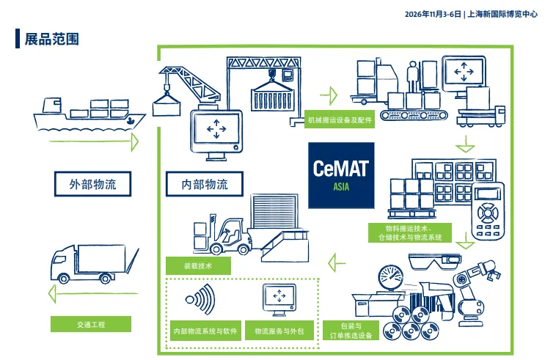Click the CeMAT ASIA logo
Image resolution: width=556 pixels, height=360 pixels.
point(341,175)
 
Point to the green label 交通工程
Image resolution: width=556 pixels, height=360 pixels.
point(90,324)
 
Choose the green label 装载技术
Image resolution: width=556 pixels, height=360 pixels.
point(198,265)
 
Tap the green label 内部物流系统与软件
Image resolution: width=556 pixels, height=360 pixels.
point(204,331)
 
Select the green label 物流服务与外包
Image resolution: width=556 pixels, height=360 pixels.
point(278,331)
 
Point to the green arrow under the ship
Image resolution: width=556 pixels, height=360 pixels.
point(88,141)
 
